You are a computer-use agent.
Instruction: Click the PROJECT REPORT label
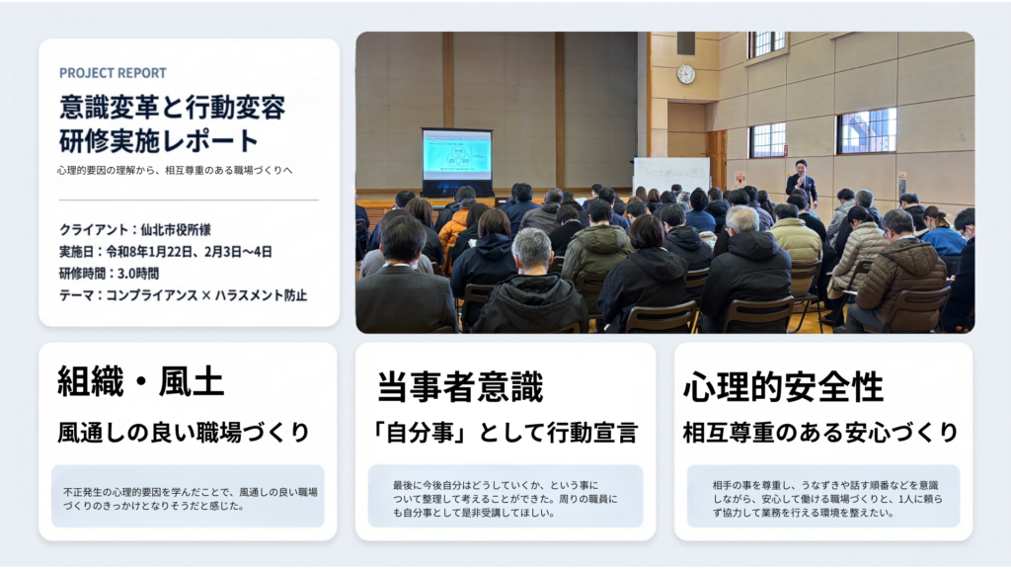click(113, 73)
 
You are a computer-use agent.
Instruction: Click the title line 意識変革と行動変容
click(172, 107)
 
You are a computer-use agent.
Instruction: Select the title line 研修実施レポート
click(159, 140)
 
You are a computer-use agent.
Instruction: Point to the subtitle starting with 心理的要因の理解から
click(175, 170)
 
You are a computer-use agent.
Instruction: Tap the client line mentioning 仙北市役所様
click(134, 229)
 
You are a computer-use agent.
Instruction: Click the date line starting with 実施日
click(165, 252)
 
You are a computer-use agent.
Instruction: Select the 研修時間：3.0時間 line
click(109, 274)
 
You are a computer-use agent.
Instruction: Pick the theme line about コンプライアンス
click(183, 295)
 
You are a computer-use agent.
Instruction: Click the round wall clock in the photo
click(685, 74)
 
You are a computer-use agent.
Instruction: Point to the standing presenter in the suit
click(802, 183)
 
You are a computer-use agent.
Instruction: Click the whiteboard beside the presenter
click(671, 175)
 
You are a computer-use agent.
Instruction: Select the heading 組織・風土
click(140, 381)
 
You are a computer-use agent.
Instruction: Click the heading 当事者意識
click(460, 386)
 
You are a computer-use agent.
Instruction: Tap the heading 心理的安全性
click(783, 386)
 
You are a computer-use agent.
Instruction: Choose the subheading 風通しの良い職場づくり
click(184, 433)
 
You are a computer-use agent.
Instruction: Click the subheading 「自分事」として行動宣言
click(505, 433)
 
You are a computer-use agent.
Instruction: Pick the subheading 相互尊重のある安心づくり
click(820, 433)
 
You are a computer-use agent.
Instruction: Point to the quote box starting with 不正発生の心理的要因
click(188, 496)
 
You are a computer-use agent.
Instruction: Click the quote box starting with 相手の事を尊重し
click(823, 496)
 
